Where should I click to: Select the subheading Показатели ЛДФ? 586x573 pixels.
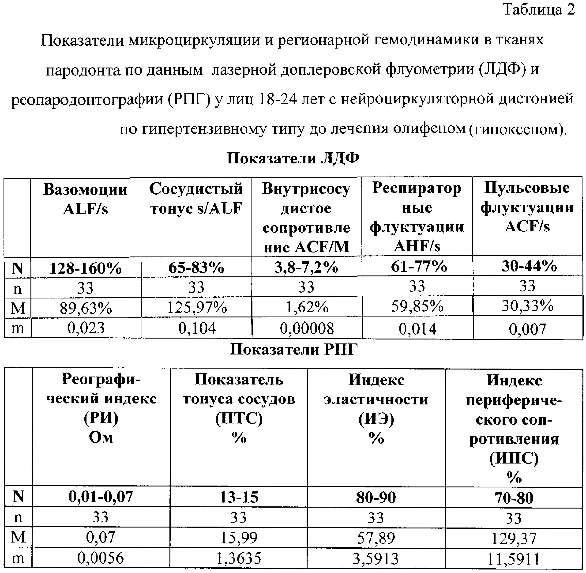coord(293,158)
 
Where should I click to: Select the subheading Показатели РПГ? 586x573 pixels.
coord(294,350)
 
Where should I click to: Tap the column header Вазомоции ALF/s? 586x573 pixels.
coord(85,199)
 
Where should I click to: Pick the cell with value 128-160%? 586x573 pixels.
coord(85,268)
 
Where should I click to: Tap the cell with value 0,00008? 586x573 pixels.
coord(307,328)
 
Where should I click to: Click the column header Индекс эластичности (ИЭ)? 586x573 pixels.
coord(376,409)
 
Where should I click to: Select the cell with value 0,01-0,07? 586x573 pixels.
coord(101,497)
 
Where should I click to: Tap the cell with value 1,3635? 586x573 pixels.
coord(239,558)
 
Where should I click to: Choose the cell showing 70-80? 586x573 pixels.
coord(514,498)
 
